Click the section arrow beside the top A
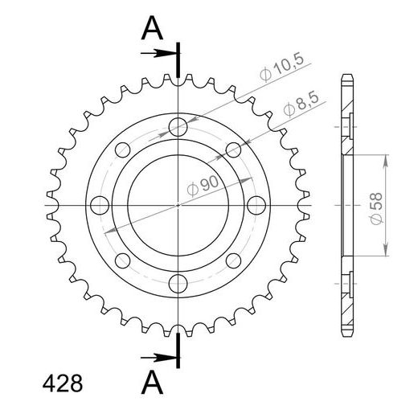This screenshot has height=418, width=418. tap(158, 54)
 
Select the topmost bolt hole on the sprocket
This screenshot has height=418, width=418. tap(178, 125)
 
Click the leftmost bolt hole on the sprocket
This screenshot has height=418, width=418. tap(99, 204)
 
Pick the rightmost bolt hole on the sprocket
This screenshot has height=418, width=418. tap(256, 204)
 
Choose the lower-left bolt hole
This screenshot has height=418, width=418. tap(122, 260)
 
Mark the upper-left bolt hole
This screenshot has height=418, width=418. tap(122, 149)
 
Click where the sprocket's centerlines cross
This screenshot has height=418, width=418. tap(178, 204)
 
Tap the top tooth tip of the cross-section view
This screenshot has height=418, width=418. tap(347, 76)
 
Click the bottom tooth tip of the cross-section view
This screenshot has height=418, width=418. tap(347, 334)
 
